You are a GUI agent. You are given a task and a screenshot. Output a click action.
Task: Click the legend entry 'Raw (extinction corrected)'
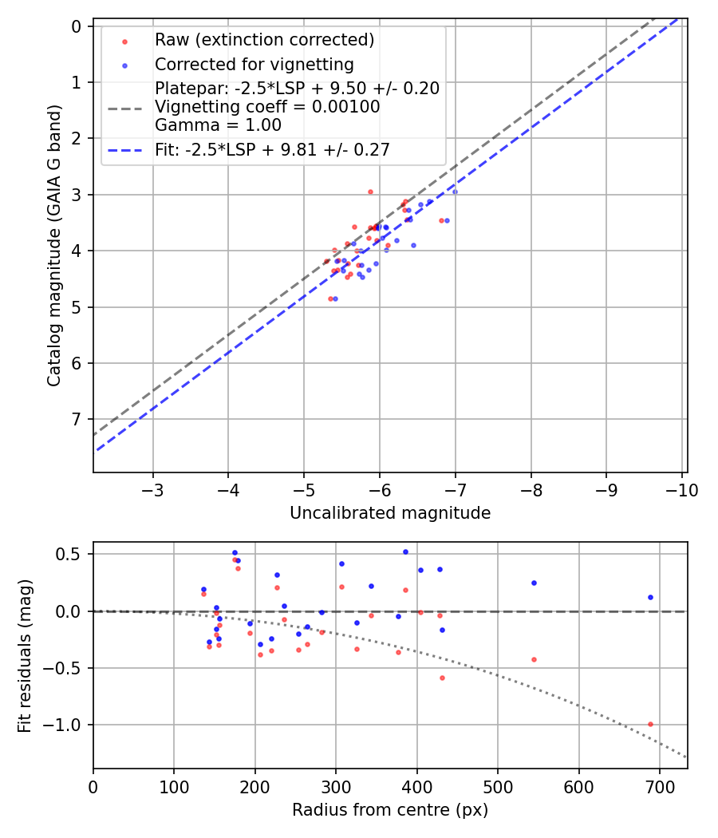(264, 40)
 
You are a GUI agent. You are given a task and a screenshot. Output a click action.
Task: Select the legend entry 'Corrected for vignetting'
(254, 64)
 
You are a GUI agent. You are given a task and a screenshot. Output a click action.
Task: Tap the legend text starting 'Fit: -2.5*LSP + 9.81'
(272, 149)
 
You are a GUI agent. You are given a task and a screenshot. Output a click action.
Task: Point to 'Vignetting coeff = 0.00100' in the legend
(267, 106)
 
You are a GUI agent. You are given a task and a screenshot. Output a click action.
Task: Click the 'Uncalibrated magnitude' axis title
(390, 513)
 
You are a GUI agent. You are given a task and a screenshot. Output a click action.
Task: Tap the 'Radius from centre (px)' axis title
(390, 810)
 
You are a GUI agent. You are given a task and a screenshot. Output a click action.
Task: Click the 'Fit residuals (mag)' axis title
(25, 656)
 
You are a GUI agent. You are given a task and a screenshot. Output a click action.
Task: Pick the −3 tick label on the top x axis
(152, 489)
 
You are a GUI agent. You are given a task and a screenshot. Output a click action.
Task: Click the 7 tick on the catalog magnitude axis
(77, 420)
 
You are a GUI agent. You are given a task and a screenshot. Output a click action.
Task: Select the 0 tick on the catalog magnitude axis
(77, 26)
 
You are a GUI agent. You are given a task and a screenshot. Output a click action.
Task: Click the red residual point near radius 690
(650, 724)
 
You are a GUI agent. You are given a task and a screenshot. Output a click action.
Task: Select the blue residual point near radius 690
(650, 597)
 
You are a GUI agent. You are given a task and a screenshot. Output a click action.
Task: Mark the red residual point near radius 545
(534, 659)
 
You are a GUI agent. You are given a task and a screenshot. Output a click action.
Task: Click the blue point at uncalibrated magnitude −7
(455, 192)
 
